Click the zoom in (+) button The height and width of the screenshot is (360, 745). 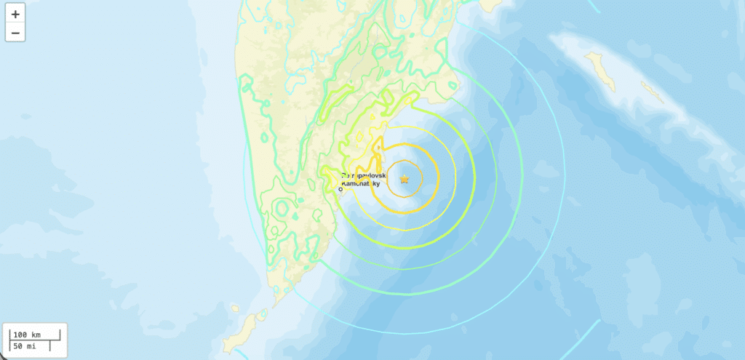15,14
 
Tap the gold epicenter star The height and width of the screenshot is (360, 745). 405,179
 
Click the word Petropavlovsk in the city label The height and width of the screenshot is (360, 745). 369,176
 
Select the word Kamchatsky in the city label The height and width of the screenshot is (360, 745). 364,185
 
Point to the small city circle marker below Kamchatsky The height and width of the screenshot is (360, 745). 341,191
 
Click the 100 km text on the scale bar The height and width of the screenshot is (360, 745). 27,335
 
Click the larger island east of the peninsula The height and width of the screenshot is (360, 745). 601,71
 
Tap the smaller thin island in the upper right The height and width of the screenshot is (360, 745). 652,92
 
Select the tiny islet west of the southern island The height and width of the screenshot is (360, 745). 234,308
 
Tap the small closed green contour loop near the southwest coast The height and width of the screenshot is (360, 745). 281,210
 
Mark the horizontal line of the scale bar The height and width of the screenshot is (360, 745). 29,340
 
